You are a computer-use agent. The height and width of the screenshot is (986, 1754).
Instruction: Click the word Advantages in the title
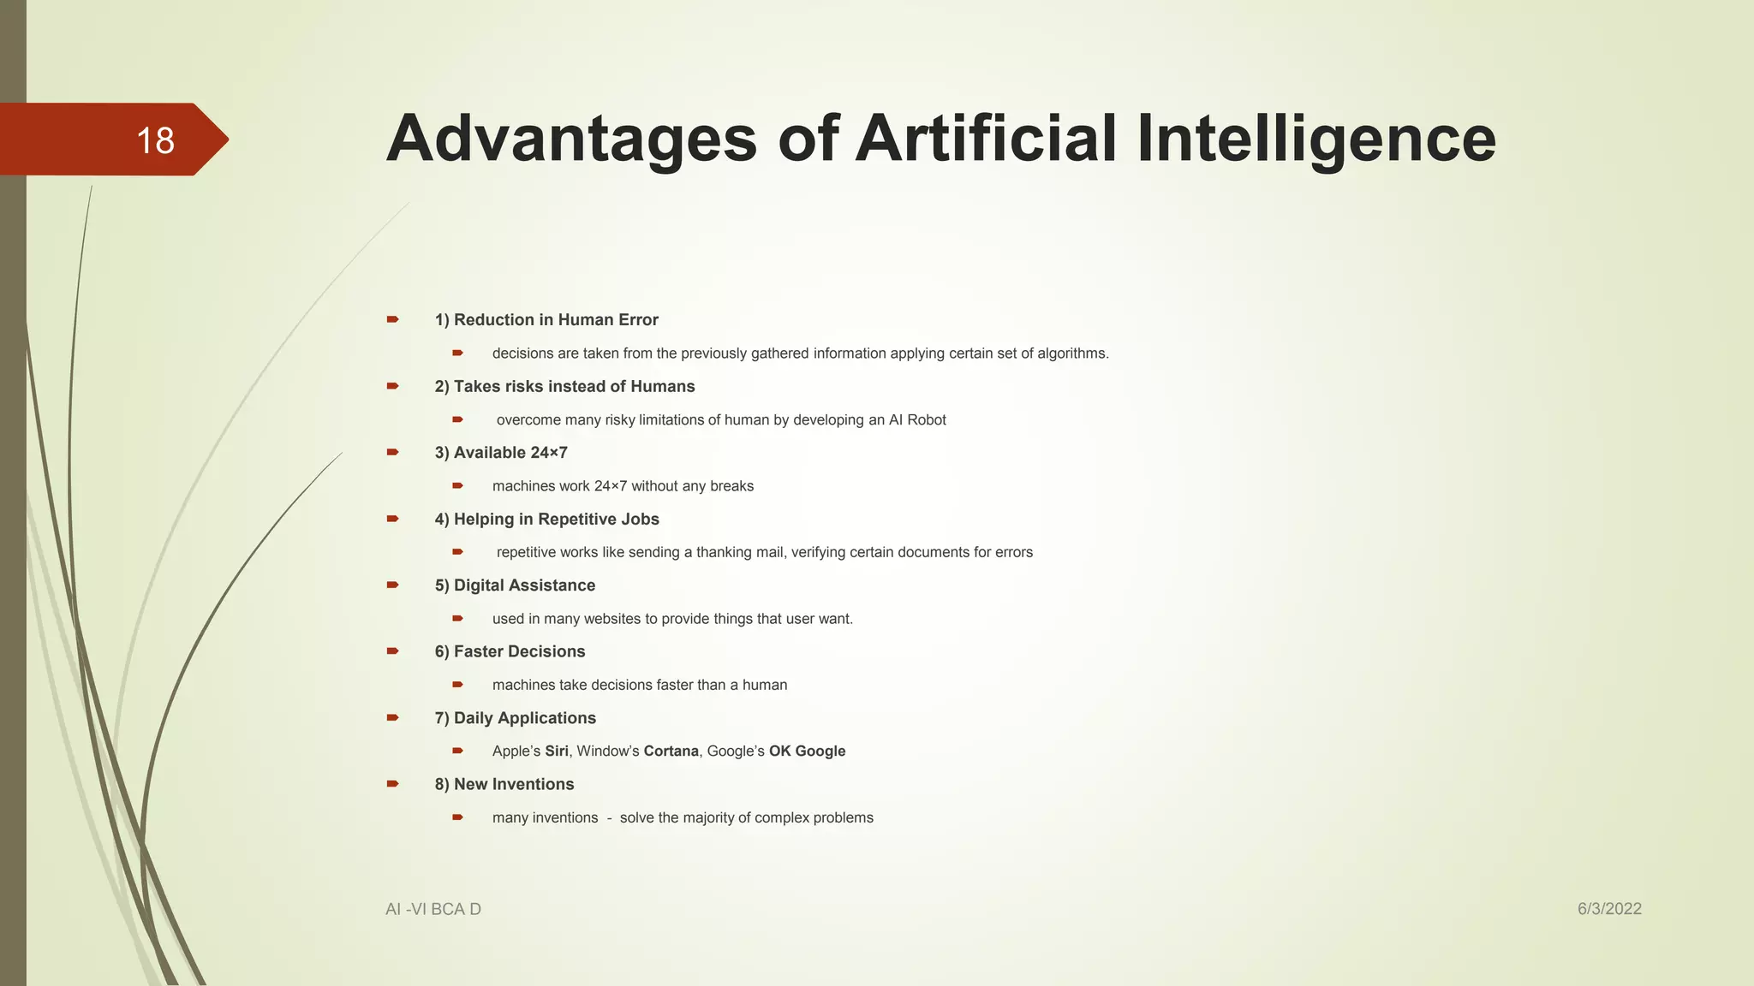(x=571, y=140)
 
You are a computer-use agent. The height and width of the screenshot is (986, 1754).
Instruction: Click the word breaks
(x=731, y=486)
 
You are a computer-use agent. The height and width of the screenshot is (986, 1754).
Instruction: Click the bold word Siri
(x=557, y=751)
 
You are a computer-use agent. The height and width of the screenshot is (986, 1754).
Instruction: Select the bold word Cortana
(x=671, y=751)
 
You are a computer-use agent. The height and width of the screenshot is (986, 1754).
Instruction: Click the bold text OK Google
(x=807, y=751)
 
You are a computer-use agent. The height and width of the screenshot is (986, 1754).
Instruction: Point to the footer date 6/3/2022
(x=1609, y=909)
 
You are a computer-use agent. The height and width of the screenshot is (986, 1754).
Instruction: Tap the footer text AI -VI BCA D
(x=433, y=909)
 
